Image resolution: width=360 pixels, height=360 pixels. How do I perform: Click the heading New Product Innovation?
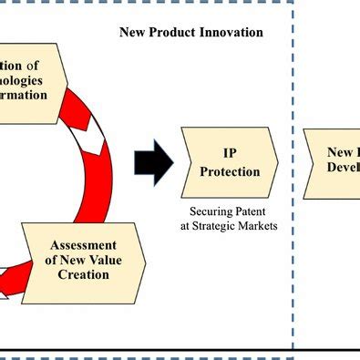[x=191, y=33]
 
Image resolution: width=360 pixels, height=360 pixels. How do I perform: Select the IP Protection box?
[x=229, y=162]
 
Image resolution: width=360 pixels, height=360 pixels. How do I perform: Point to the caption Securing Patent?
[x=229, y=212]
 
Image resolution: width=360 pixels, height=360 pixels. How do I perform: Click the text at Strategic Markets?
[x=229, y=226]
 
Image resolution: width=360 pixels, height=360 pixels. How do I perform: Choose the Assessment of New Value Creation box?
[x=83, y=260]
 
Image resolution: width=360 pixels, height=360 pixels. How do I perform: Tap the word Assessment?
[x=83, y=245]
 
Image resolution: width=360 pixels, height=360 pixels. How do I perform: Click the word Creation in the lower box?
[x=83, y=274]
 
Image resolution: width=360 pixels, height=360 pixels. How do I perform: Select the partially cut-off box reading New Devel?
[x=334, y=162]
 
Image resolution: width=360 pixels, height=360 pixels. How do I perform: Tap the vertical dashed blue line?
[x=293, y=182]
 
